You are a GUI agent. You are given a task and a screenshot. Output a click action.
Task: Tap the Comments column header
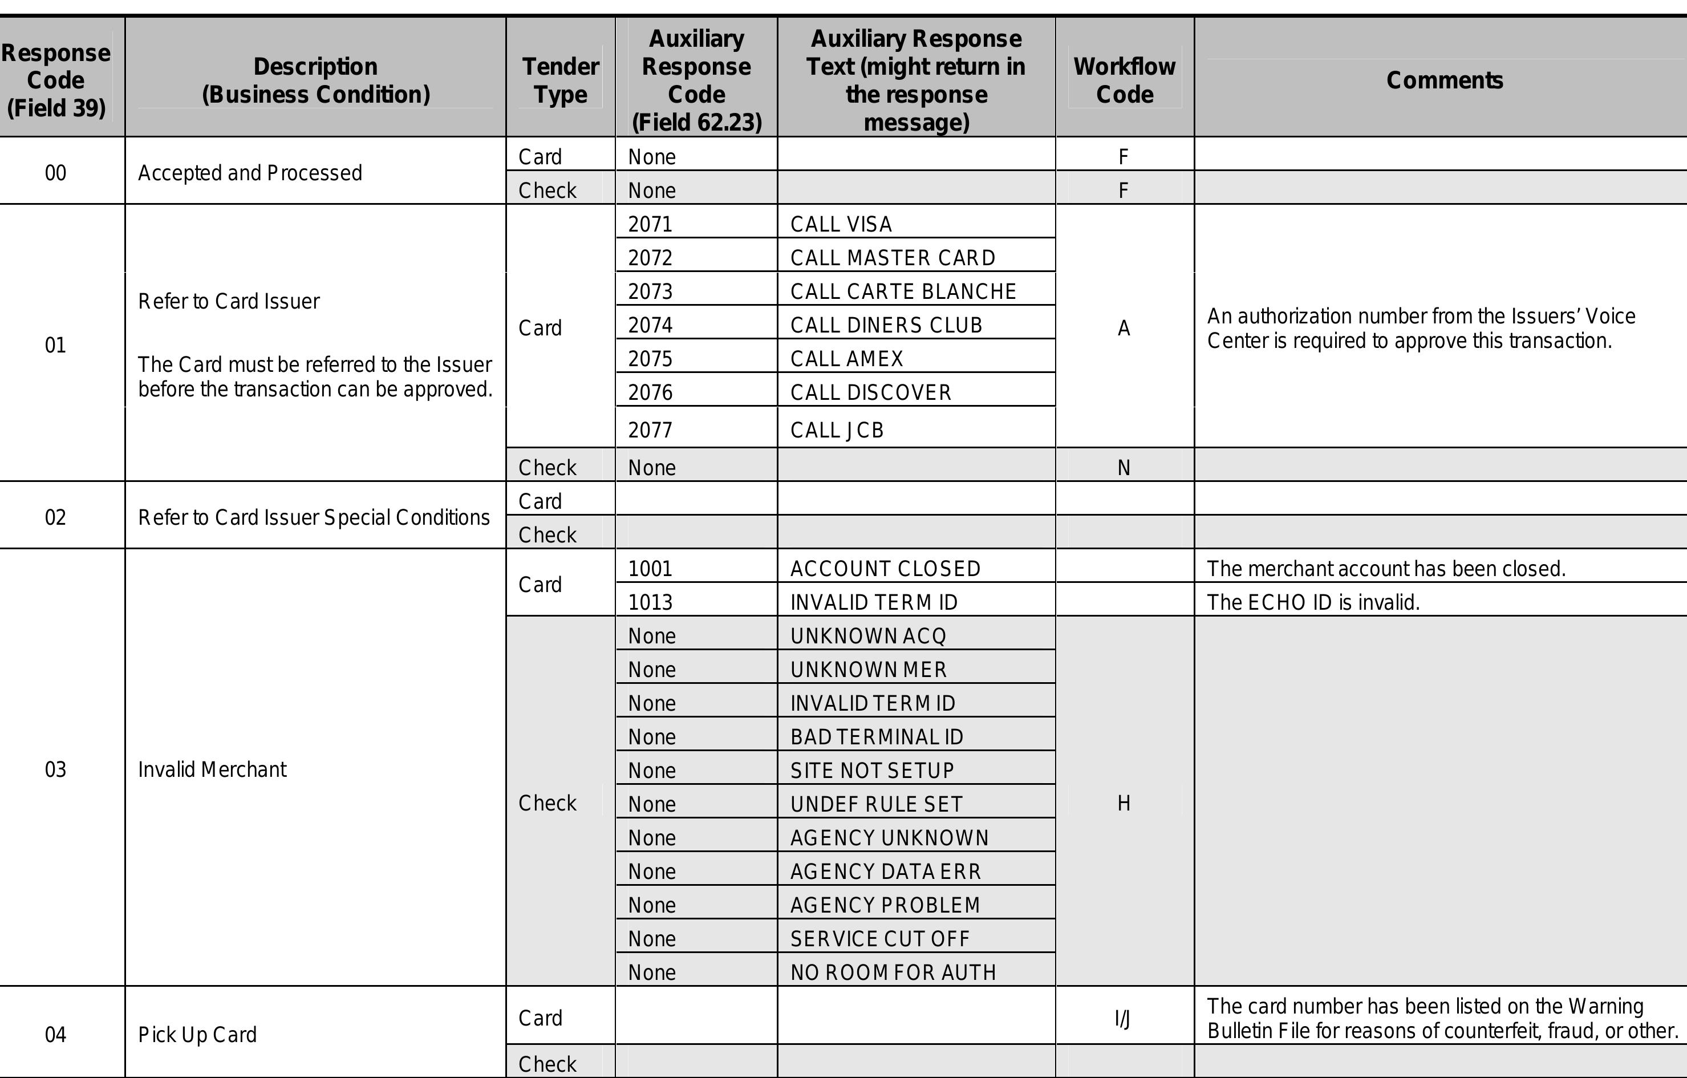tap(1444, 80)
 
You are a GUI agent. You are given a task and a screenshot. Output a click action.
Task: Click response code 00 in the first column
tap(55, 172)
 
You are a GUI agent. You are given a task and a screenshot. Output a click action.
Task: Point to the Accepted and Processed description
tap(250, 172)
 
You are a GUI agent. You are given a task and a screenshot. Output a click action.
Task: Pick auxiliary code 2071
tap(650, 224)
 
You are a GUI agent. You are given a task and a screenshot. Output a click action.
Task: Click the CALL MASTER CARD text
tap(893, 258)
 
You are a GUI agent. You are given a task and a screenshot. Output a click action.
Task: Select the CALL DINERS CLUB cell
tap(886, 325)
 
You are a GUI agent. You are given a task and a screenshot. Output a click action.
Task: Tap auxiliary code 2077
tap(650, 429)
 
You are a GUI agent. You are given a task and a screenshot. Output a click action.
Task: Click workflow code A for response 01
tap(1124, 328)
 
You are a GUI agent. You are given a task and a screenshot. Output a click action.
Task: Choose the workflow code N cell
tap(1124, 467)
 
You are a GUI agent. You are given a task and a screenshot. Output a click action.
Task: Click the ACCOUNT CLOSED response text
tap(885, 568)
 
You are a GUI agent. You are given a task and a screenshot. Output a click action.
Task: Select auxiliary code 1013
tap(650, 602)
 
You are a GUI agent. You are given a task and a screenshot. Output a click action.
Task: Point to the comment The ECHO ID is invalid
tap(1313, 602)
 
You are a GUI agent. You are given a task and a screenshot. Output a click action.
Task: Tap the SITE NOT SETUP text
tap(872, 770)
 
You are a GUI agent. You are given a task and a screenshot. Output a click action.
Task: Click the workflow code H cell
tap(1124, 803)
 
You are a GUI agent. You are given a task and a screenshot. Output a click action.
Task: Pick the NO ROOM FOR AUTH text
tap(893, 971)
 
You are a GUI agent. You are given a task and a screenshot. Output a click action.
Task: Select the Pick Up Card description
tap(197, 1034)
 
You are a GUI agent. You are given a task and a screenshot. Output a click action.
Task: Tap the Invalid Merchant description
tap(212, 769)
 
